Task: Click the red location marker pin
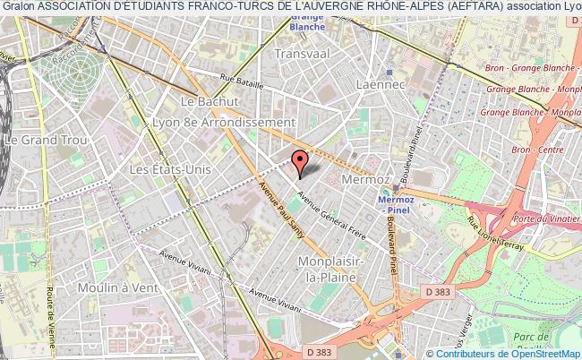coord(299,161)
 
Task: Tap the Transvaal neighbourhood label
coord(304,53)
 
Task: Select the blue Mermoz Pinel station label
coord(394,205)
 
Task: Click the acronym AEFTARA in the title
coord(473,7)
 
